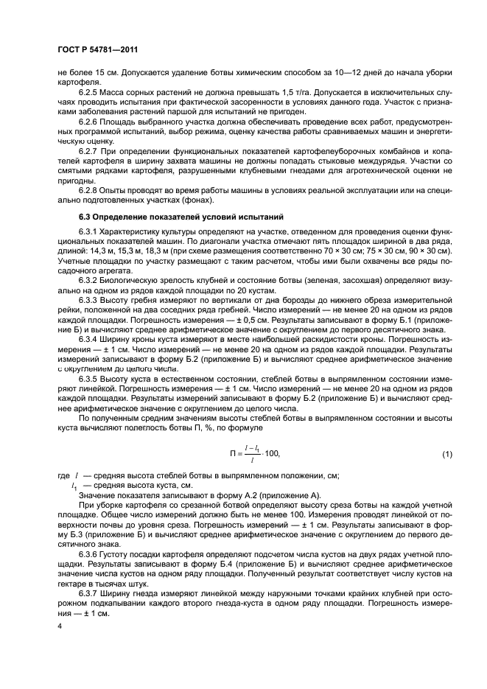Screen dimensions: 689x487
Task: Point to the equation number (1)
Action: coord(446,454)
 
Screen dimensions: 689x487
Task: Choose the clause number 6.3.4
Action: coord(91,340)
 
